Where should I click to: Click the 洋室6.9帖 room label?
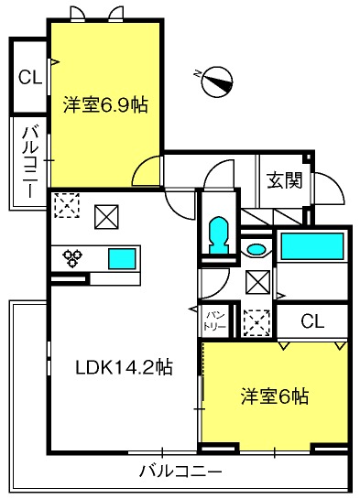point(105,104)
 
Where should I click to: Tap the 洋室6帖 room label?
point(274,396)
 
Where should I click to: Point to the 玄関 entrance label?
point(285,180)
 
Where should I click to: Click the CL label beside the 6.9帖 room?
point(29,78)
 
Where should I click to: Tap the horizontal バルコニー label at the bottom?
point(180,472)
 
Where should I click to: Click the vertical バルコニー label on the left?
point(28,163)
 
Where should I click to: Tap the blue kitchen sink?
point(121,258)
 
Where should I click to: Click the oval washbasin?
point(257,249)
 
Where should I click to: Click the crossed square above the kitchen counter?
point(107,217)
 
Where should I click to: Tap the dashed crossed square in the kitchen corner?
point(67,207)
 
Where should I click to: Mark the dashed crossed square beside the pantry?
point(256,320)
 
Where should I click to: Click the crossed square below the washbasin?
point(258,282)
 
